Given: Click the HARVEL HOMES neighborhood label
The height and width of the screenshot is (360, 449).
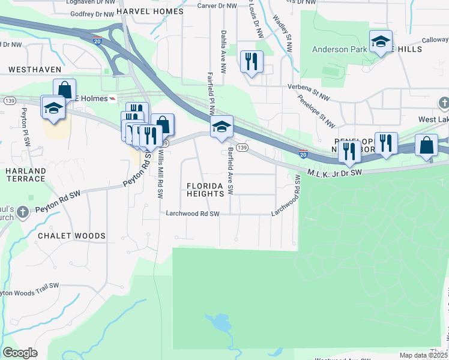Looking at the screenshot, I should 149,11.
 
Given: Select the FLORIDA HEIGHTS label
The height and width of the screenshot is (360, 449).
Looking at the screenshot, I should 209,190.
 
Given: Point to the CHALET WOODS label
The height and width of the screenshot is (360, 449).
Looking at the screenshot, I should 71,236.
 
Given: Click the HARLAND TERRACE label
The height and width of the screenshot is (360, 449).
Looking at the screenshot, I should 26,175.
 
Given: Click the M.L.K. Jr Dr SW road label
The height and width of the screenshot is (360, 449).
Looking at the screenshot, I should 335,173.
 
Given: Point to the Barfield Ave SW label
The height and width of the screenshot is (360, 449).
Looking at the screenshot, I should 230,170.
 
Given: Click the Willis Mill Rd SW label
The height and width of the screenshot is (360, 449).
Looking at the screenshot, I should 160,173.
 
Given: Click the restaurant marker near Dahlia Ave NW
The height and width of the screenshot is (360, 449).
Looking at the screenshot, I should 251,61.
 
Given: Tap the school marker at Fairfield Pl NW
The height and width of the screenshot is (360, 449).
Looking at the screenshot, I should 221,127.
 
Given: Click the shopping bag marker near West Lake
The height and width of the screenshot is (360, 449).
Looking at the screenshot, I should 426,146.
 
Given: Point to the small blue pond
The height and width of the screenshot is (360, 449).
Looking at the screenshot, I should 218,323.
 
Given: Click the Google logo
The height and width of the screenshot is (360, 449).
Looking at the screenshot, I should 20,353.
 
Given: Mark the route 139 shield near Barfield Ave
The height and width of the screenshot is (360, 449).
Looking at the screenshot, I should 242,148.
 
